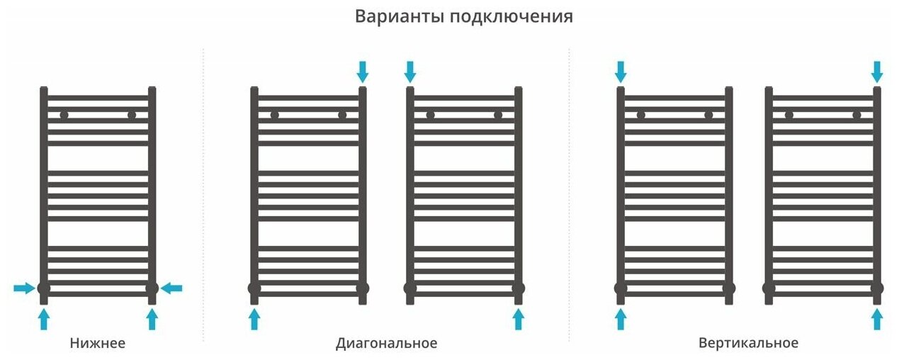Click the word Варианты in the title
400,17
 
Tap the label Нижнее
98,343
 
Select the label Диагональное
387,344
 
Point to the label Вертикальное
749,343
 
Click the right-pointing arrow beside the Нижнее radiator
24,288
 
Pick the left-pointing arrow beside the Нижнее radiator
171,288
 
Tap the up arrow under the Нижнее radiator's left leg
44,319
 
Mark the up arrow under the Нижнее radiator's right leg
152,319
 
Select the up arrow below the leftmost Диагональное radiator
254,319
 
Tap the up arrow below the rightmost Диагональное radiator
518,319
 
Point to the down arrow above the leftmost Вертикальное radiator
621,72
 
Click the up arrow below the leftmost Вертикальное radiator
621,319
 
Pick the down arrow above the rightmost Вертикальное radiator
877,72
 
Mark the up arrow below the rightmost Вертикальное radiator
877,319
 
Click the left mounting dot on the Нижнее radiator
64,116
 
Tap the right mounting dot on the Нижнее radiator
132,116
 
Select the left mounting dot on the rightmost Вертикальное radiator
789,116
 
